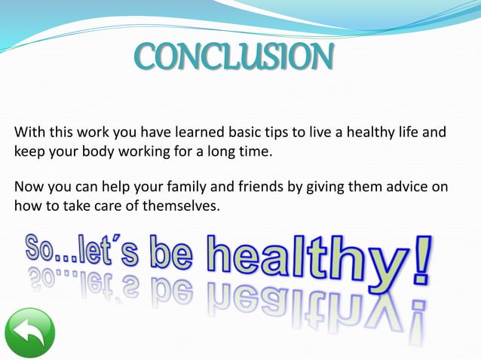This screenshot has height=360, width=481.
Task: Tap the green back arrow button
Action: [29, 334]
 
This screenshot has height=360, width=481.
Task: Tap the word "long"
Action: [221, 152]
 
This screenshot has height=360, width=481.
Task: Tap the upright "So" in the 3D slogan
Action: [45, 249]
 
